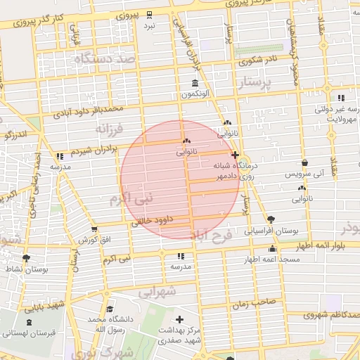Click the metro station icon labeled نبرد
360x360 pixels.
click(149, 15)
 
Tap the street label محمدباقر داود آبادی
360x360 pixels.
click(93, 109)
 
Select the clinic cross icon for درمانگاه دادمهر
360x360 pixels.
click(234, 154)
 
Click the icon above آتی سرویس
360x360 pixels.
click(304, 162)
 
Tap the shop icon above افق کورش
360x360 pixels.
click(94, 229)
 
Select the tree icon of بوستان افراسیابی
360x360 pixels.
click(271, 219)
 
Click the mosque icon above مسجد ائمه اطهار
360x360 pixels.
click(273, 249)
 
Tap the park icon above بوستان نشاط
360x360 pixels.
click(27, 259)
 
